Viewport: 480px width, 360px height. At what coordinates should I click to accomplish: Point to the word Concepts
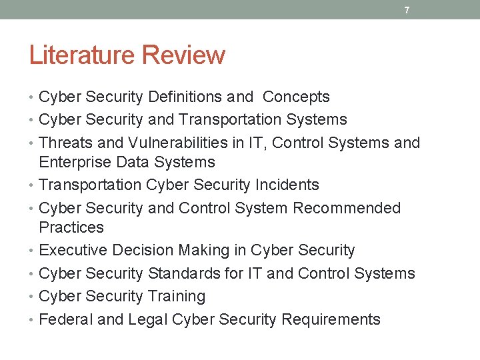tap(296, 97)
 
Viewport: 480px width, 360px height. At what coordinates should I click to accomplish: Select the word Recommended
tap(347, 207)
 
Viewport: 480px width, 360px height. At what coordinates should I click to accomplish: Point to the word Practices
tap(71, 227)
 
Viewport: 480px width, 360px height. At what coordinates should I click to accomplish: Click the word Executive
tap(73, 250)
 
